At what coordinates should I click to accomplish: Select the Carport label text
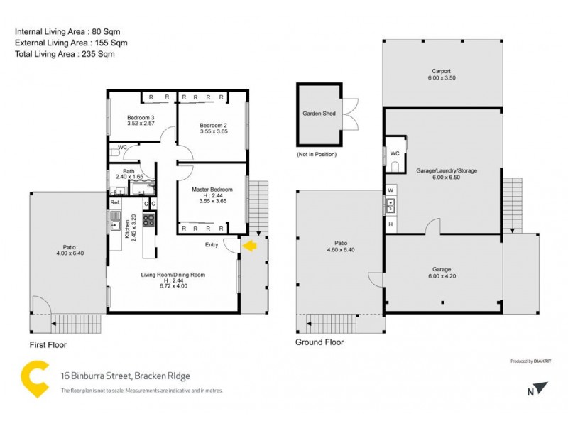point(442,70)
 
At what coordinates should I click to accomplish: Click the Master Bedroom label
point(212,190)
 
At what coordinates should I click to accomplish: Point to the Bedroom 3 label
point(141,117)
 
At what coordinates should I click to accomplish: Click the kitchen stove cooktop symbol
point(149,220)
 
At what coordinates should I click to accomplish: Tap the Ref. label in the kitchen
point(115,203)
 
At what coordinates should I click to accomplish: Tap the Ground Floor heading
point(319,342)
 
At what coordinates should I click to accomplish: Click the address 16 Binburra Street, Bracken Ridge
point(125,376)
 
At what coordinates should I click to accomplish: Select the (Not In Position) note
point(317,154)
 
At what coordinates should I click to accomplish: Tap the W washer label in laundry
point(390,190)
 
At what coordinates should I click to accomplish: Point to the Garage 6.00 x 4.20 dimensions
point(442,277)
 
